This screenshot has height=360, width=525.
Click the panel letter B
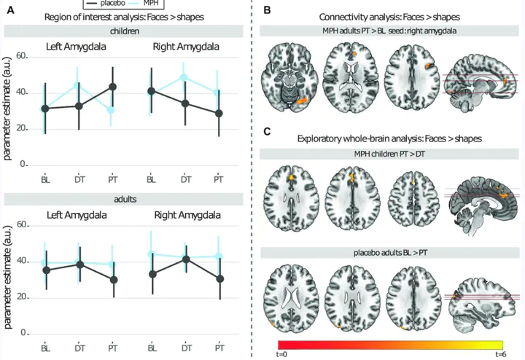coord(268,9)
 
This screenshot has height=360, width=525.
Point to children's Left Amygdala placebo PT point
coord(112,87)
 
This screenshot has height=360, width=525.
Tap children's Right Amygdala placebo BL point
coord(152,91)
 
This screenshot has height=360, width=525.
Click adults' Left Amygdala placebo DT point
coord(79,265)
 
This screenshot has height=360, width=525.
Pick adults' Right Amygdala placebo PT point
coord(219,278)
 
